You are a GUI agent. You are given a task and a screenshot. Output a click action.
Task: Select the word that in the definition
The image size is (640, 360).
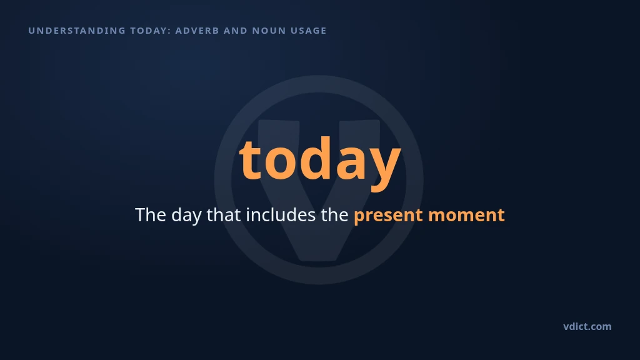coord(224,215)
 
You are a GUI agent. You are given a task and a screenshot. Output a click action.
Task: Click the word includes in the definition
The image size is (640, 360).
coord(281,215)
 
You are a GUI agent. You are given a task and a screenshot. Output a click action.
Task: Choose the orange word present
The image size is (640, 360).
coord(388,216)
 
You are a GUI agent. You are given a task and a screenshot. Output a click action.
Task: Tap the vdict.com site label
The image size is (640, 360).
coord(587,326)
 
